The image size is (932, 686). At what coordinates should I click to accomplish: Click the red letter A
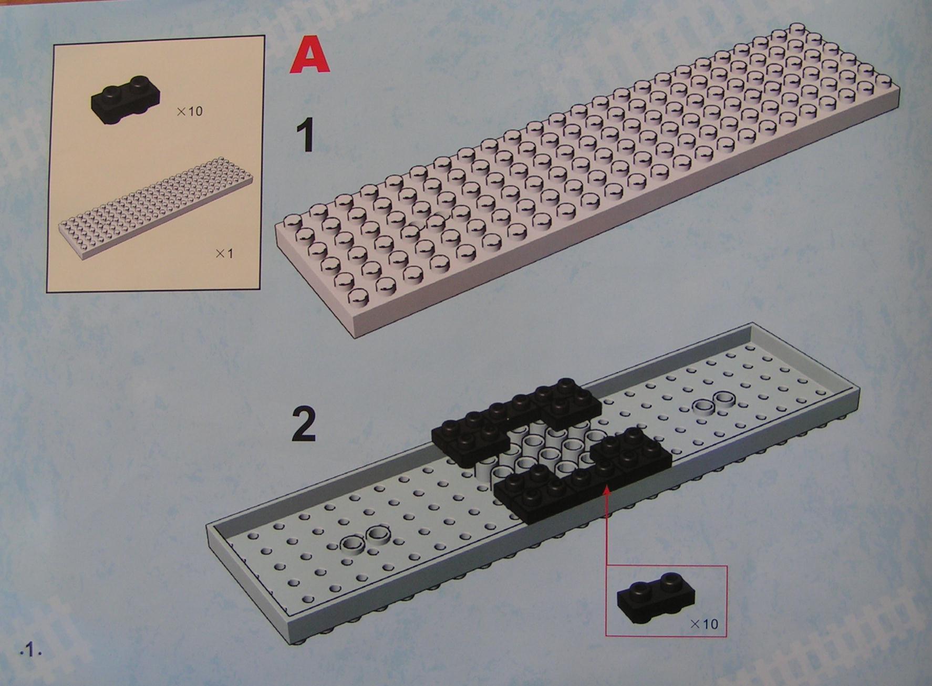click(x=310, y=56)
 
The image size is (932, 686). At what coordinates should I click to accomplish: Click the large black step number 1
click(x=304, y=135)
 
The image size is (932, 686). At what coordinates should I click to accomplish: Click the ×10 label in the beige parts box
click(x=189, y=111)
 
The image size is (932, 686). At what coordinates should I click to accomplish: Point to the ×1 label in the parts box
click(x=224, y=253)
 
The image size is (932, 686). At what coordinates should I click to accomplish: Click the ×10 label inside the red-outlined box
click(x=703, y=624)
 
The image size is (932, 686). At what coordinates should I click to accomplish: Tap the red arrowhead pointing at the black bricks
click(x=607, y=490)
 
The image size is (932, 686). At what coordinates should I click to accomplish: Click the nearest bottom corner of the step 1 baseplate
click(x=354, y=337)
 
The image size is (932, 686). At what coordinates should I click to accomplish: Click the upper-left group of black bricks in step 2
click(x=515, y=420)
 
